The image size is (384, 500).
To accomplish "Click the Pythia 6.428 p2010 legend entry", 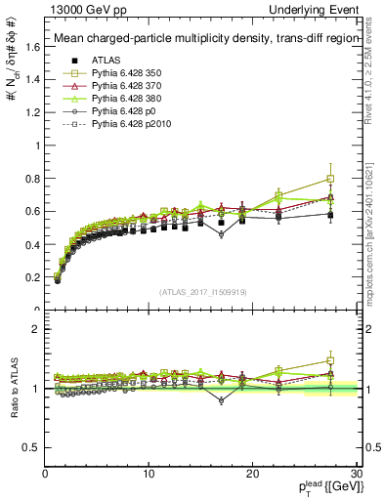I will point(123,126).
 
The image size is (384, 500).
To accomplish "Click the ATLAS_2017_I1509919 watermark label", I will point(201,291).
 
